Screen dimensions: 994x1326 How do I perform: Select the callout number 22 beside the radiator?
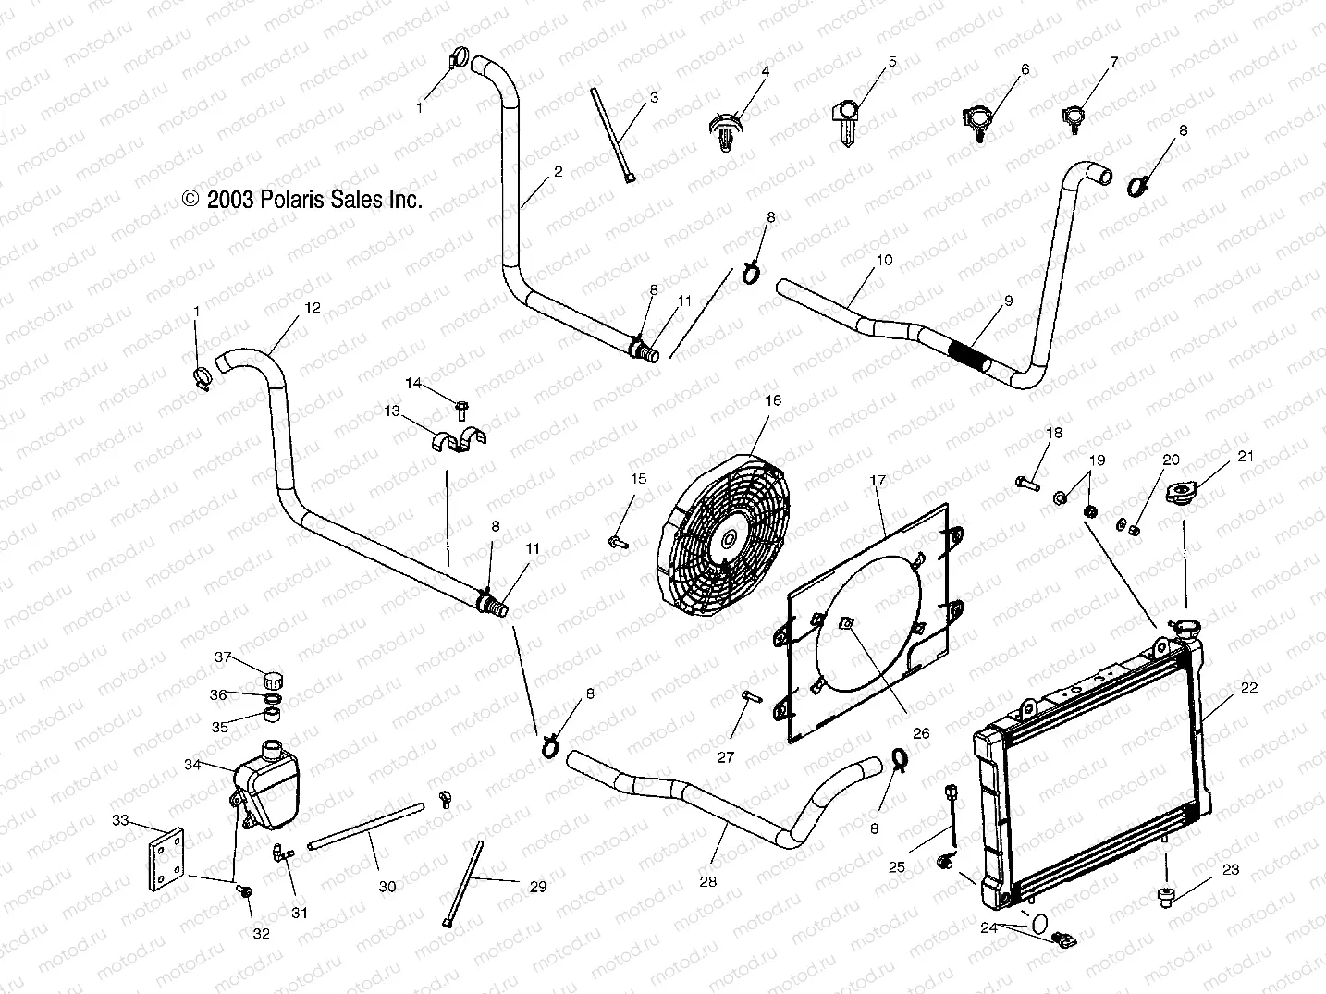coord(1248,687)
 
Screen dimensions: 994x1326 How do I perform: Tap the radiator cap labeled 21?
coord(1183,494)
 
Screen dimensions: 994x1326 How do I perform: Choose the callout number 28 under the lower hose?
coord(707,881)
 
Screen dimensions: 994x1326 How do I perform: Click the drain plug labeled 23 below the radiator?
coord(1167,895)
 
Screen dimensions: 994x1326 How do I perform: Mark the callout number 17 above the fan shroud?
coord(878,480)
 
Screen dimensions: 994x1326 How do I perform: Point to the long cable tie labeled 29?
coord(465,879)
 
